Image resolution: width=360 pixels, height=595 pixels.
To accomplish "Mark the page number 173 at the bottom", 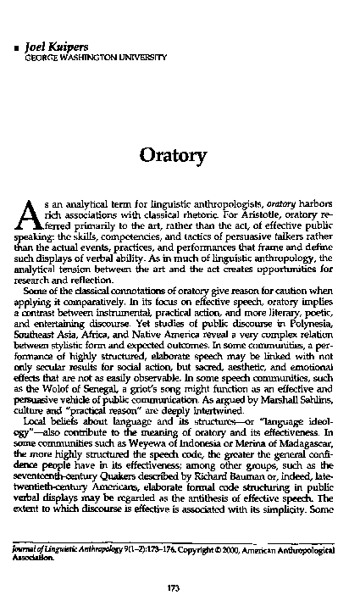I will click(x=180, y=566).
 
